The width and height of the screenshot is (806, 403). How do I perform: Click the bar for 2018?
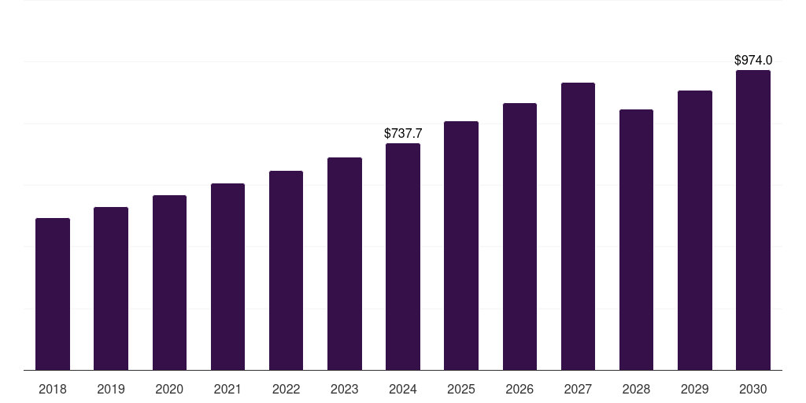click(53, 294)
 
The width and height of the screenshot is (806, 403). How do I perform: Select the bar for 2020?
click(169, 283)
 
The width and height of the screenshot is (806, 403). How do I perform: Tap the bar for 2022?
click(286, 271)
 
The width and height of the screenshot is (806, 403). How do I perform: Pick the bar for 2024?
click(403, 257)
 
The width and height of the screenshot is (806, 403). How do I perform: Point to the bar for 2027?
click(578, 226)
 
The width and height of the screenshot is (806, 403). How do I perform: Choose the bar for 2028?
click(636, 239)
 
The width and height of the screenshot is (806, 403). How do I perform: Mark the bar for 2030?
click(753, 220)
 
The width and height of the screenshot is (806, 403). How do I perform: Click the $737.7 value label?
click(403, 133)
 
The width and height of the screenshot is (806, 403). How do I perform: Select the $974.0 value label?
click(753, 60)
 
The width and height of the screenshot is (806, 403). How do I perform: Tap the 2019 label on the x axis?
click(111, 389)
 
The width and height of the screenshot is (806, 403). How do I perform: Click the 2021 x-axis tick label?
click(227, 389)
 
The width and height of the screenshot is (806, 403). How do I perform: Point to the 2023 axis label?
click(345, 389)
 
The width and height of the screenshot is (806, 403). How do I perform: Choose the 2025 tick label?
click(461, 389)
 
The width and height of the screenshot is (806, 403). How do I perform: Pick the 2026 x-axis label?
click(519, 389)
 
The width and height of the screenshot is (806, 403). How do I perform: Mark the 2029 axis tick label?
click(695, 389)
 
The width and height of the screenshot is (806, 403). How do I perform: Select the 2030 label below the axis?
click(753, 389)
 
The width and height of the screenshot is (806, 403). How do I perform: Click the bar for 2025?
click(461, 246)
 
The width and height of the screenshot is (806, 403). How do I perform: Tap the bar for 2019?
click(111, 288)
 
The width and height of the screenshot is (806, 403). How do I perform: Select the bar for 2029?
click(695, 231)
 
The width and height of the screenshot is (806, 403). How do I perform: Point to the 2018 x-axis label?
click(53, 389)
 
